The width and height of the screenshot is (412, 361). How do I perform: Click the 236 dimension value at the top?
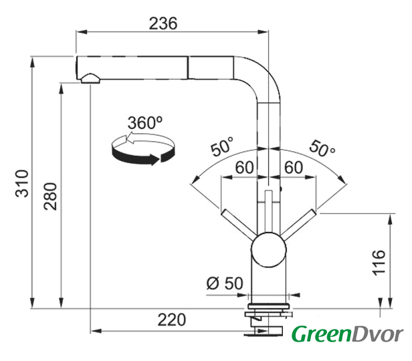pyautogui.click(x=163, y=23)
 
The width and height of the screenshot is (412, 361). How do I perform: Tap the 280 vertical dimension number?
pyautogui.click(x=51, y=197)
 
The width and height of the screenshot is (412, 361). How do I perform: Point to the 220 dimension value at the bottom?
pyautogui.click(x=171, y=320)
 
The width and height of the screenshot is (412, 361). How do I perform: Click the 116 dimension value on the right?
pyautogui.click(x=379, y=261)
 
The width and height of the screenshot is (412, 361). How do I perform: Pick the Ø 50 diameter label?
pyautogui.click(x=225, y=283)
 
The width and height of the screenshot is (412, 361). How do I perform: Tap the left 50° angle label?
pyautogui.click(x=222, y=146)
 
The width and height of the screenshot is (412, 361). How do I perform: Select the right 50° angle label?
pyautogui.click(x=321, y=148)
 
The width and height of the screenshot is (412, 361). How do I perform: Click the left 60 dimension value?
pyautogui.click(x=243, y=167)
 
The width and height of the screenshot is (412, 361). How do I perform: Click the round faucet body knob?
pyautogui.click(x=268, y=249)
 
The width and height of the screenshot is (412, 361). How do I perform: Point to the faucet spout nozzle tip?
pyautogui.click(x=89, y=78)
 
